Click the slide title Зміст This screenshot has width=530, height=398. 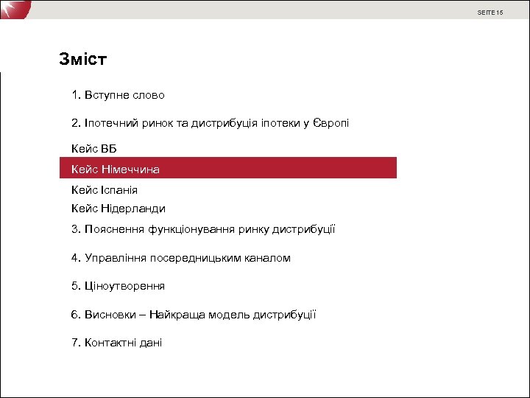coord(83,60)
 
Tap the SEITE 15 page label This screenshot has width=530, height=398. coord(490,13)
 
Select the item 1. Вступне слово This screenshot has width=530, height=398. coord(118,95)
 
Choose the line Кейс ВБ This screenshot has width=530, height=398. coord(94,150)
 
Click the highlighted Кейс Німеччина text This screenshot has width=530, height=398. coord(116,170)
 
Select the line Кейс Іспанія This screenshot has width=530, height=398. coord(105,189)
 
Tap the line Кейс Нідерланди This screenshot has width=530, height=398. coord(119,209)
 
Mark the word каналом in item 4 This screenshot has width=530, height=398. coord(269,258)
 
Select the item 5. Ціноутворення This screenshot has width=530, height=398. coord(118,286)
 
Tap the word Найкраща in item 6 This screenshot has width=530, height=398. coord(177,315)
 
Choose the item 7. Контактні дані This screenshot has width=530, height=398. coord(117,343)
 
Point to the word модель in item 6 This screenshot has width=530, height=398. coord(230,315)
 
